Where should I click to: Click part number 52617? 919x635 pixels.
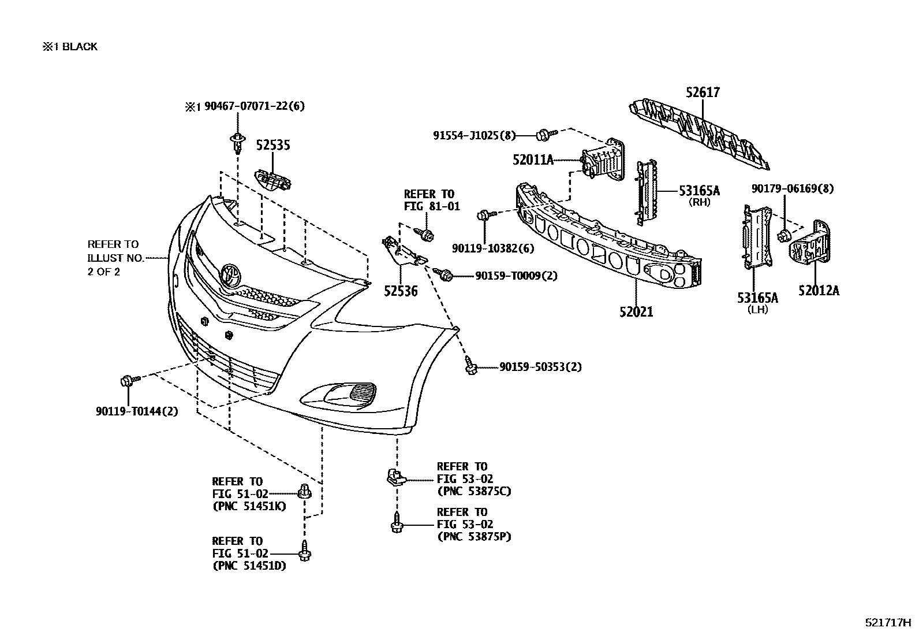(703, 92)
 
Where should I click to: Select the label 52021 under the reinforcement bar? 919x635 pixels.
(636, 312)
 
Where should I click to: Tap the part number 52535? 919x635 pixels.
(273, 145)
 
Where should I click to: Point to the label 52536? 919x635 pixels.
(400, 291)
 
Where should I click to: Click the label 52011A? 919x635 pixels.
(533, 159)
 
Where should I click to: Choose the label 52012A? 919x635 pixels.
(819, 291)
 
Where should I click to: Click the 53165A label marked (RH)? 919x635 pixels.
(699, 191)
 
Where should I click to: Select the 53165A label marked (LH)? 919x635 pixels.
(757, 298)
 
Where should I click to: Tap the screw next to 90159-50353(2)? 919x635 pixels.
(470, 365)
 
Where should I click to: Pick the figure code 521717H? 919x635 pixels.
(887, 623)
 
